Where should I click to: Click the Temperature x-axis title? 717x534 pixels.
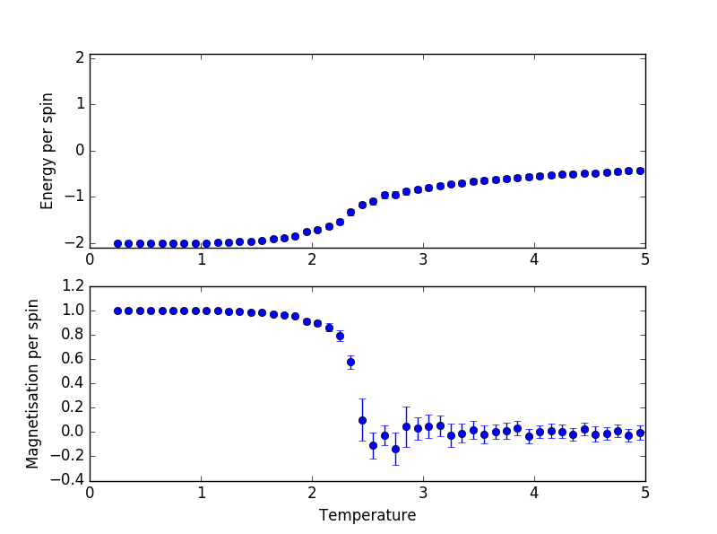tap(367, 515)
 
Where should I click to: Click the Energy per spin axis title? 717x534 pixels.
tap(48, 151)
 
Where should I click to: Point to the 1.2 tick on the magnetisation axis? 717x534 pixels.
tap(74, 286)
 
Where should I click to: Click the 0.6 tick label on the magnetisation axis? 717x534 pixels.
tap(74, 359)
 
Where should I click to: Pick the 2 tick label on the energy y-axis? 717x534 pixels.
tap(80, 57)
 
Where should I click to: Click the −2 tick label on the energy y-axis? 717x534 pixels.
tap(75, 243)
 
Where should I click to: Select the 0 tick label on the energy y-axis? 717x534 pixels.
tap(80, 150)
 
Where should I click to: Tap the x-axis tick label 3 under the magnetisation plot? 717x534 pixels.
tap(423, 492)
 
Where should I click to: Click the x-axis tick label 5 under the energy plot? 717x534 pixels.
tap(645, 259)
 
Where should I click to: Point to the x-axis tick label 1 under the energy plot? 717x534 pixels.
tap(201, 259)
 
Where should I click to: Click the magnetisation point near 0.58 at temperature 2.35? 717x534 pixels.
tap(350, 363)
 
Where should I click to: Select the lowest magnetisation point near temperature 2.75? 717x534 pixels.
tap(395, 449)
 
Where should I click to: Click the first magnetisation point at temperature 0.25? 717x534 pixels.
tap(117, 311)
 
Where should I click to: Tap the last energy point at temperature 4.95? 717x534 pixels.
tap(640, 171)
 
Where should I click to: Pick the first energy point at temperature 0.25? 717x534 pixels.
tap(117, 243)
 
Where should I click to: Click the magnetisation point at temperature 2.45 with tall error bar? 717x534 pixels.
tap(362, 420)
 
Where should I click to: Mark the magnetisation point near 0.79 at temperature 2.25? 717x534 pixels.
tap(340, 336)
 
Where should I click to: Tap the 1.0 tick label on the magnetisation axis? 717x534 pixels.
tap(74, 311)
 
